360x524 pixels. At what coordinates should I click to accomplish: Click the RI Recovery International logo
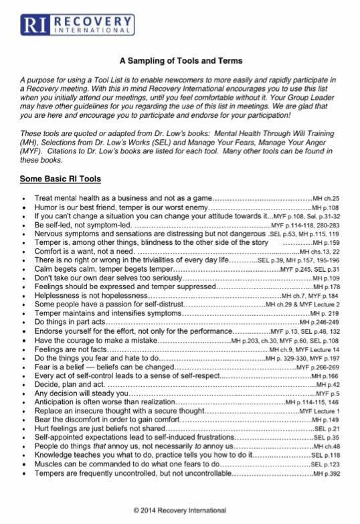pyautogui.click(x=78, y=24)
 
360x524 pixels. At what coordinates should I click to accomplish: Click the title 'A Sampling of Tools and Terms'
pyautogui.click(x=181, y=61)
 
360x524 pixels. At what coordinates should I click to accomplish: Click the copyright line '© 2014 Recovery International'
pyautogui.click(x=179, y=510)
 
